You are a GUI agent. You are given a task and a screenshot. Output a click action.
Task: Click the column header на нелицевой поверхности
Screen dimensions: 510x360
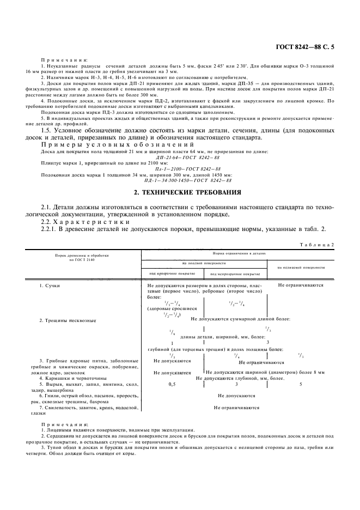pyautogui.click(x=301, y=268)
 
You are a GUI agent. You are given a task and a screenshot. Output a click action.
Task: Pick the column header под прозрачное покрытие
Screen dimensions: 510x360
pyautogui.click(x=173, y=273)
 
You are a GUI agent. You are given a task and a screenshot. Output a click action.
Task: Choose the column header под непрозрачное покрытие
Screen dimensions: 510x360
pyautogui.click(x=235, y=274)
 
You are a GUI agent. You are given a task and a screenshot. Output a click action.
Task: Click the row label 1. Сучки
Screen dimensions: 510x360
pyautogui.click(x=50, y=286)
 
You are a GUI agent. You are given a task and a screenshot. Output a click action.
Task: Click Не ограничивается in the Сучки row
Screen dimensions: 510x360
pyautogui.click(x=301, y=285)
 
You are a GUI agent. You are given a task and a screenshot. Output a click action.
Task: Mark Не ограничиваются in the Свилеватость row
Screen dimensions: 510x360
pyautogui.click(x=236, y=407)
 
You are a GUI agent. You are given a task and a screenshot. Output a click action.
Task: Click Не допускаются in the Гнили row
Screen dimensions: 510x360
pyautogui.click(x=236, y=396)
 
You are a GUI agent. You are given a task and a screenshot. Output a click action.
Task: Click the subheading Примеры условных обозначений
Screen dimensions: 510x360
pyautogui.click(x=117, y=145)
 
